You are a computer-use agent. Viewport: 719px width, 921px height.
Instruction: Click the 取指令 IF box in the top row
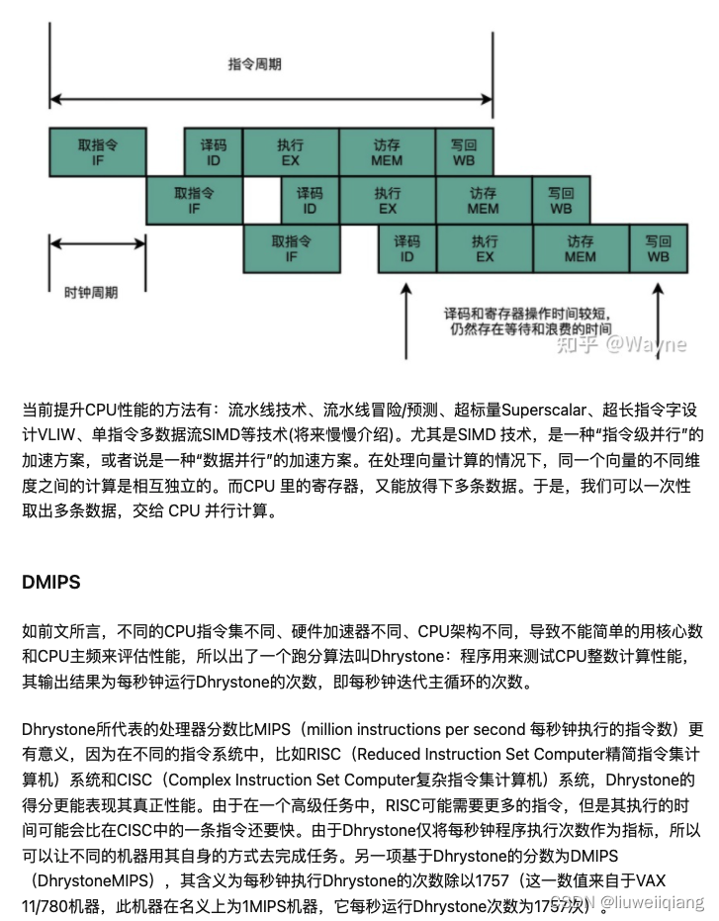98,151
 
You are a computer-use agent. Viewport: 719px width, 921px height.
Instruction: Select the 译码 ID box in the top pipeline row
213,151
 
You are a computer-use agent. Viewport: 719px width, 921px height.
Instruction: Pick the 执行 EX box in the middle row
387,200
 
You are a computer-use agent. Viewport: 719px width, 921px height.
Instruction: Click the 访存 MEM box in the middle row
483,200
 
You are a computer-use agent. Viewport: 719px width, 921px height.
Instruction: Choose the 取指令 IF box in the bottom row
292,248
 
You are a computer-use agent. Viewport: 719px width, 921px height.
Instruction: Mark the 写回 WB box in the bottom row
658,248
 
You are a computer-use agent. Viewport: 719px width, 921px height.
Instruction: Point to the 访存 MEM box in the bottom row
581,248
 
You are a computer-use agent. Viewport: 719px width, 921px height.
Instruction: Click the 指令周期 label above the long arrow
254,64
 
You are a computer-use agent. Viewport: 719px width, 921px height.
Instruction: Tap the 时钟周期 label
90,293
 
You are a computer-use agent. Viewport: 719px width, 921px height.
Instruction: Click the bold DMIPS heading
50,582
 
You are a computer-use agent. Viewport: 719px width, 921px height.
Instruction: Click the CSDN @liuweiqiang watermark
627,902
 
